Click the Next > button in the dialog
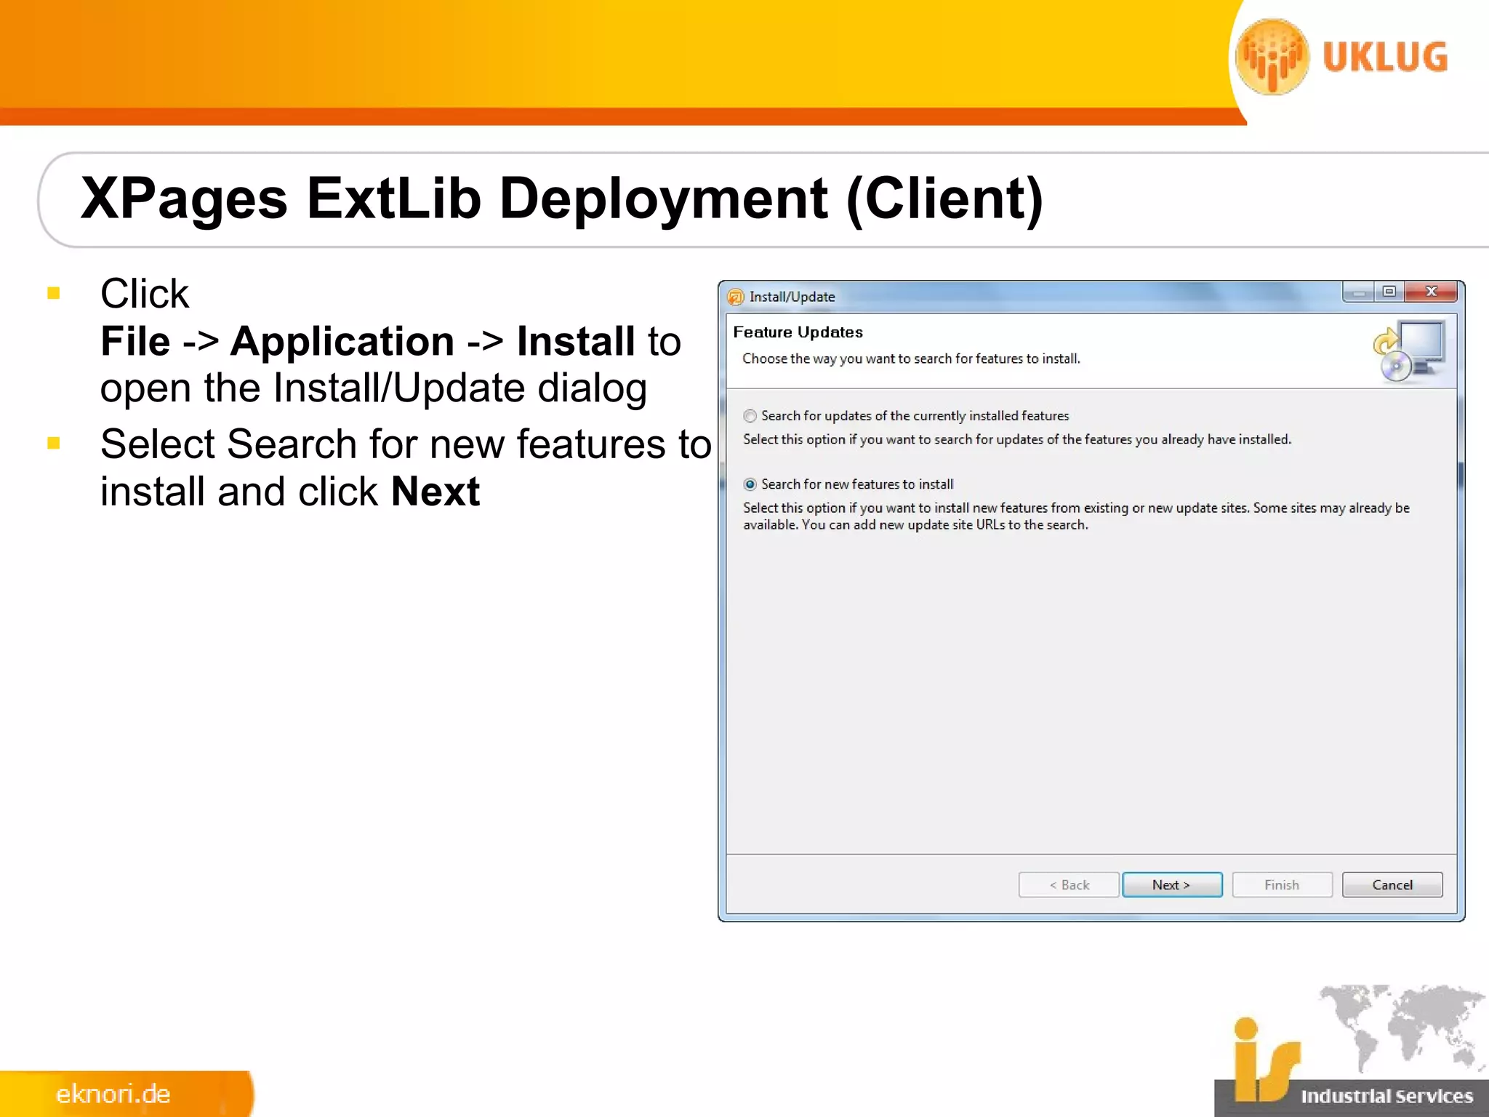pyautogui.click(x=1171, y=884)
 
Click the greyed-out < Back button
pyautogui.click(x=1068, y=884)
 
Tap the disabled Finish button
pyautogui.click(x=1281, y=884)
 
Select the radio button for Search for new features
pyautogui.click(x=750, y=484)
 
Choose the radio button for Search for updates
pyautogui.click(x=750, y=416)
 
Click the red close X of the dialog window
pyautogui.click(x=1431, y=292)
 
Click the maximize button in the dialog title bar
pyautogui.click(x=1389, y=292)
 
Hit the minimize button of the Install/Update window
pyautogui.click(x=1358, y=292)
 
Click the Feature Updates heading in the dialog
pyautogui.click(x=798, y=332)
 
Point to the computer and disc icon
pyautogui.click(x=1409, y=352)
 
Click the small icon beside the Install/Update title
pyautogui.click(x=735, y=297)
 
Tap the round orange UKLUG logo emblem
pyautogui.click(x=1272, y=57)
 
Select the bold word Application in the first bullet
pyautogui.click(x=342, y=341)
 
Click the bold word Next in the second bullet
pyautogui.click(x=435, y=492)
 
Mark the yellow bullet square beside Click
pyautogui.click(x=53, y=293)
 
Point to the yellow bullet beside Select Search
pyautogui.click(x=53, y=443)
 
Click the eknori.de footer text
pyautogui.click(x=113, y=1094)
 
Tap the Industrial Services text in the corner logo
pyautogui.click(x=1386, y=1095)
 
